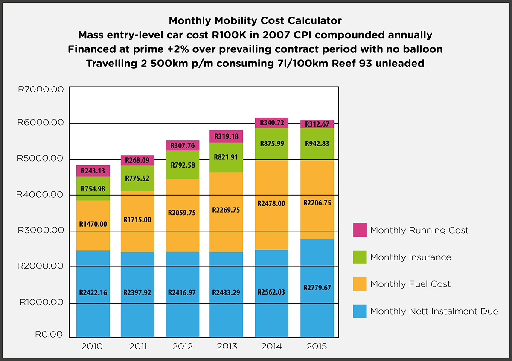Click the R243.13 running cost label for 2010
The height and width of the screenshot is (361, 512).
pyautogui.click(x=93, y=170)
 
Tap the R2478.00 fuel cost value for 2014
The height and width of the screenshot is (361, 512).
pyautogui.click(x=271, y=204)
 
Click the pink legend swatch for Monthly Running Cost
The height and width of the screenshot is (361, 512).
pyautogui.click(x=360, y=230)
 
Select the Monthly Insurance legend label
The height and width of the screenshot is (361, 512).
pyautogui.click(x=410, y=257)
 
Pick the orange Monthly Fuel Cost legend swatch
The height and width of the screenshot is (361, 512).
pyautogui.click(x=360, y=284)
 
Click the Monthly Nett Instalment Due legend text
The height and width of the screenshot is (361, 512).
pyautogui.click(x=433, y=311)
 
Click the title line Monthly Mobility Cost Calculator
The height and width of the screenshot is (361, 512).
pyautogui.click(x=255, y=20)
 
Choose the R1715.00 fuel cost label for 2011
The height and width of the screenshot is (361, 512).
pyautogui.click(x=137, y=220)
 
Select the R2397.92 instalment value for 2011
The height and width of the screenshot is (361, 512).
pyautogui.click(x=137, y=293)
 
